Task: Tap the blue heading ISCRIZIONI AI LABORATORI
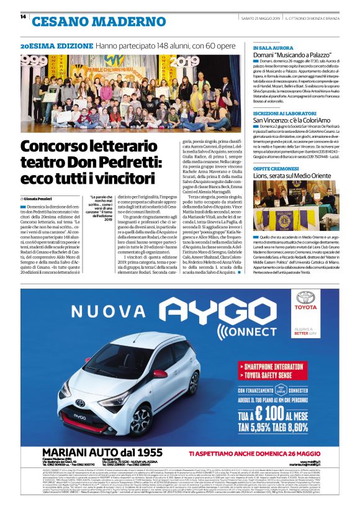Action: coord(281,114)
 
